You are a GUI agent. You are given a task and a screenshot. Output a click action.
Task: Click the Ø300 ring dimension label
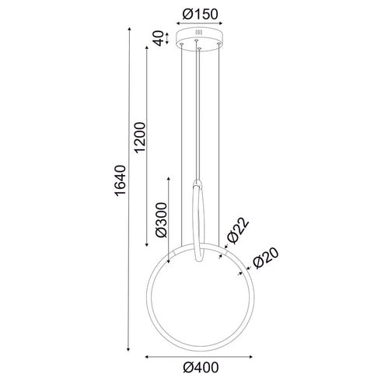(x=160, y=222)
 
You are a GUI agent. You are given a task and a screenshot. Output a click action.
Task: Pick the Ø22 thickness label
(x=238, y=231)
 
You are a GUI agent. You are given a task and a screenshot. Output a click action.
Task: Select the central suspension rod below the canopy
(x=201, y=117)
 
